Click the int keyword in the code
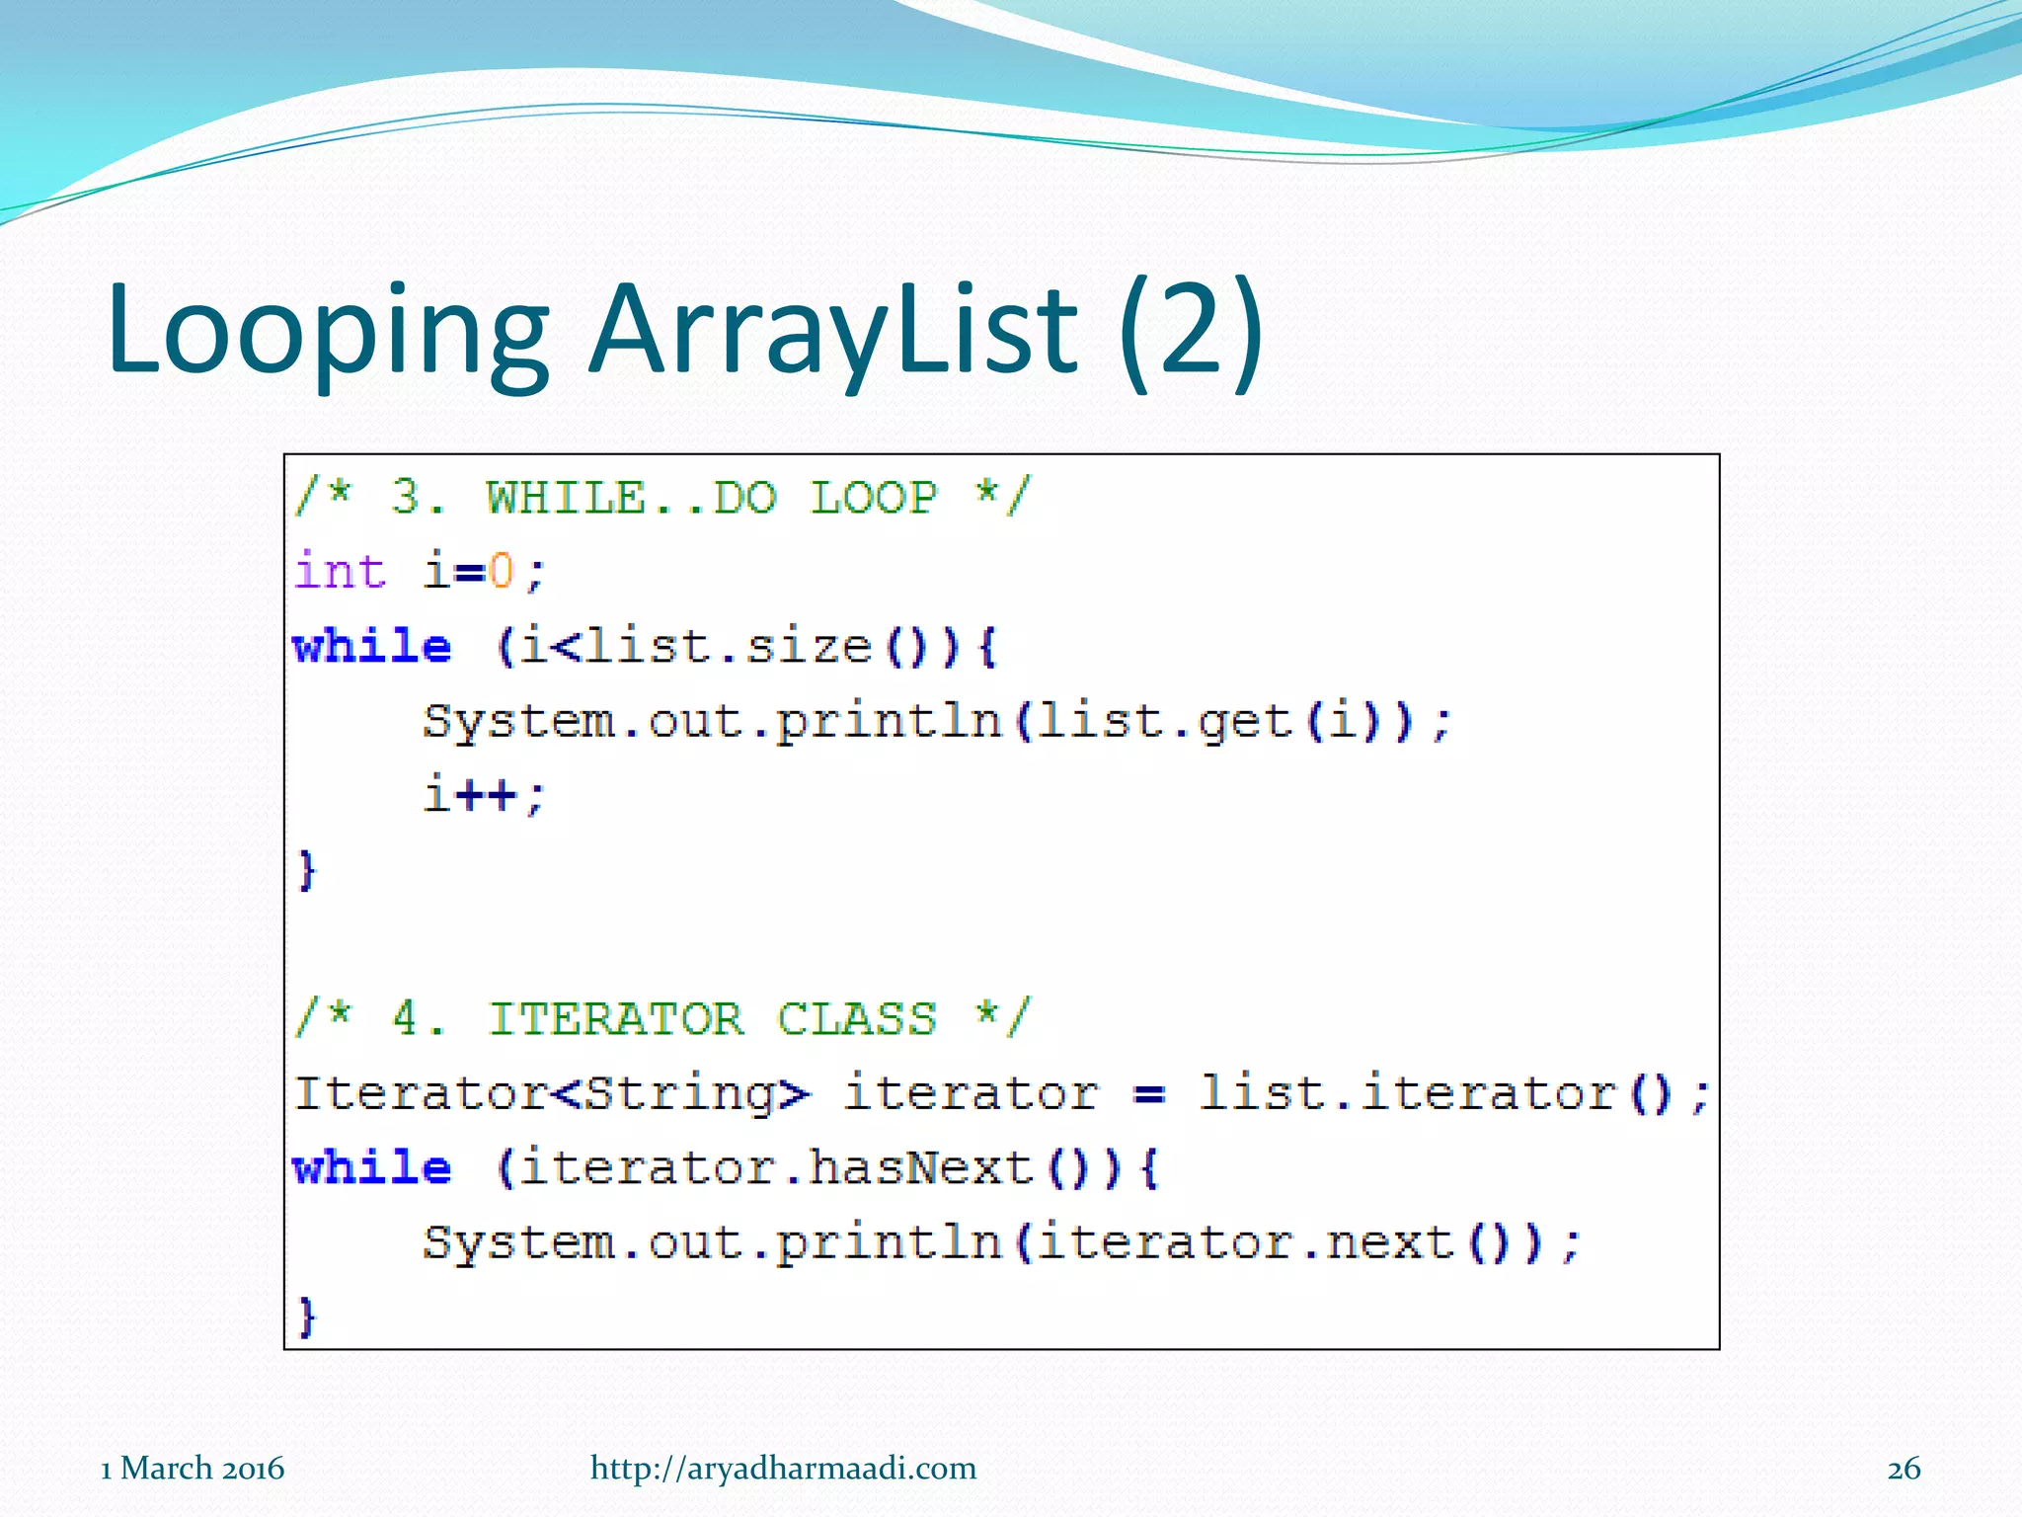340,571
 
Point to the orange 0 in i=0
501,571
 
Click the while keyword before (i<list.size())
372,647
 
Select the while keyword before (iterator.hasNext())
372,1168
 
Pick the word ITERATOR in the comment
616,1018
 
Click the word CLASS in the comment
856,1018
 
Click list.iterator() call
1451,1094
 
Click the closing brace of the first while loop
307,870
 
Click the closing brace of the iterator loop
307,1317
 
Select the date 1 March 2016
193,1469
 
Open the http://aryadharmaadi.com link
783,1469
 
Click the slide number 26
1904,1469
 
